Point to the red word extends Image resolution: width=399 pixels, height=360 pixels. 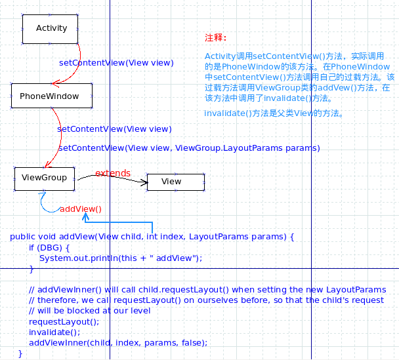(113, 173)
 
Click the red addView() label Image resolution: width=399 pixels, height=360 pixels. (81, 209)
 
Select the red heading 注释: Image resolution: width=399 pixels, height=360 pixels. (215, 37)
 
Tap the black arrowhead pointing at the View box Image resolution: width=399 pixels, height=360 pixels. (144, 182)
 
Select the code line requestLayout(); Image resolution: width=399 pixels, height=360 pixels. (64, 322)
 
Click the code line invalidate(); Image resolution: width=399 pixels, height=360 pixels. (54, 332)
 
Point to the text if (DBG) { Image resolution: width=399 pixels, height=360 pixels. (49, 248)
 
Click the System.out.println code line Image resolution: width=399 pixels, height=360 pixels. (121, 258)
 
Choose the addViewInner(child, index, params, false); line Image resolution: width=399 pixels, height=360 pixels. (118, 343)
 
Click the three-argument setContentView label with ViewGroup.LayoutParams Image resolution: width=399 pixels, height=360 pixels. (189, 148)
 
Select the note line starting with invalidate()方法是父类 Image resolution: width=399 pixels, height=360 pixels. (274, 113)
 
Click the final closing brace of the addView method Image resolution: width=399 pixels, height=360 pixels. (20, 353)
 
